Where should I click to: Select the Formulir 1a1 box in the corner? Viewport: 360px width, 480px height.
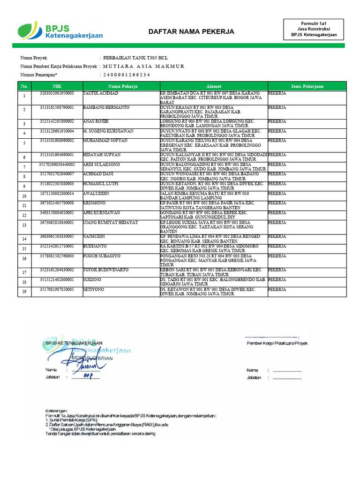pyautogui.click(x=314, y=29)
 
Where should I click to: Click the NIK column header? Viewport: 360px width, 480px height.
pyautogui.click(x=57, y=86)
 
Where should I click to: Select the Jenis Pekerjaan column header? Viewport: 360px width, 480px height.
pyautogui.click(x=307, y=86)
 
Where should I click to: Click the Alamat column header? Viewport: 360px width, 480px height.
pyautogui.click(x=213, y=86)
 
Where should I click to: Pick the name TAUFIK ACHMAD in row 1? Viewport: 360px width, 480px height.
pyautogui.click(x=101, y=93)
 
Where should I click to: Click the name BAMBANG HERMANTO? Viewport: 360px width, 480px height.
pyautogui.click(x=106, y=107)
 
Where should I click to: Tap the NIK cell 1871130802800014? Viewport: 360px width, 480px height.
pyautogui.click(x=57, y=193)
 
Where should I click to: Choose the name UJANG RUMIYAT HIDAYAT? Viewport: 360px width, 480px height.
pyautogui.click(x=110, y=222)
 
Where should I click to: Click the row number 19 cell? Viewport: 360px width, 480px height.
pyautogui.click(x=24, y=292)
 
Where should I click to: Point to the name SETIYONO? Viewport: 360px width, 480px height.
pyautogui.click(x=94, y=289)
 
